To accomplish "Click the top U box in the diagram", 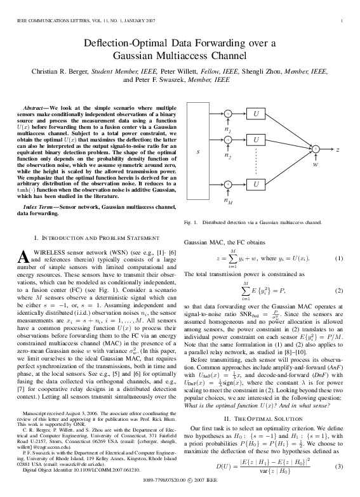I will pos(257,114).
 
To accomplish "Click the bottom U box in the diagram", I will pos(257,184).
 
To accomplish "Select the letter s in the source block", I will pos(198,152).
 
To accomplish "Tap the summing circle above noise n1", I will pos(227,114).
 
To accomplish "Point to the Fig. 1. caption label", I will pos(191,223).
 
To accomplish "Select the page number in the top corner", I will pos(342,22).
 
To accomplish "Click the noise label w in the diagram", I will pos(316,163).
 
